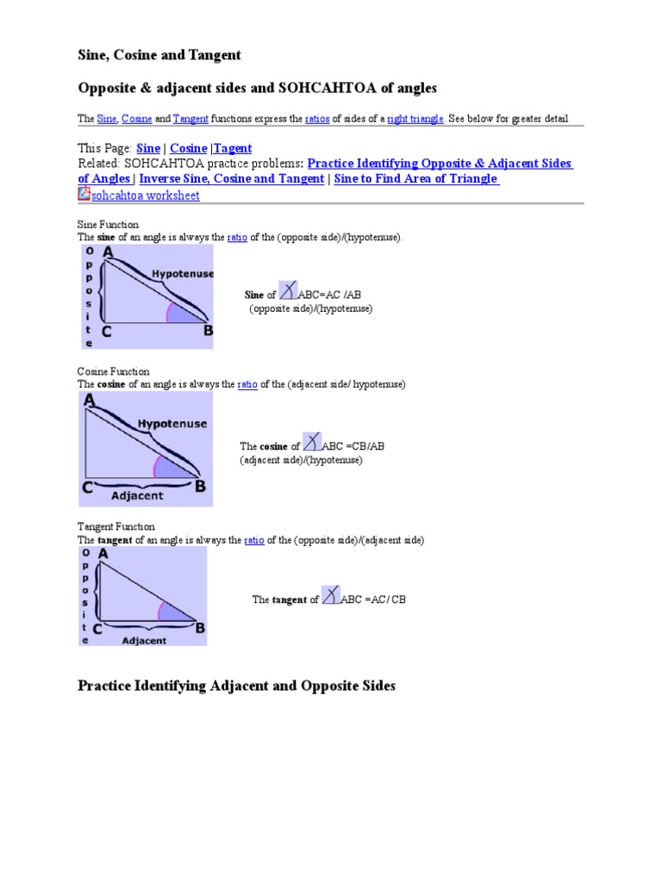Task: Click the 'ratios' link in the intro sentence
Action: click(x=318, y=118)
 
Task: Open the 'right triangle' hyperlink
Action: click(x=415, y=118)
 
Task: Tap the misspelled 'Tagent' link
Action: click(x=233, y=148)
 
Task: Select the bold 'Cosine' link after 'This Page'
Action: click(x=188, y=148)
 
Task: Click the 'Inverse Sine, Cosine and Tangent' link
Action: click(x=231, y=178)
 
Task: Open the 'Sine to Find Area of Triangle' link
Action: click(x=415, y=178)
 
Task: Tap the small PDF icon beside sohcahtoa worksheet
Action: click(x=84, y=194)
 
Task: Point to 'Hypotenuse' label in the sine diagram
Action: click(x=181, y=273)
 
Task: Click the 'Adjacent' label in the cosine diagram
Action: click(x=136, y=495)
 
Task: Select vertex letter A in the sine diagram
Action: click(x=108, y=252)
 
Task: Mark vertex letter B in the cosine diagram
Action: click(x=200, y=487)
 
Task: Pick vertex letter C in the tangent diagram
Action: click(x=98, y=630)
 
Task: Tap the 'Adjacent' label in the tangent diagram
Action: click(x=144, y=641)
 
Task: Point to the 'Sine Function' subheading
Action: click(x=109, y=224)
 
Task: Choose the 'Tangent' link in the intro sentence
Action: click(x=190, y=118)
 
